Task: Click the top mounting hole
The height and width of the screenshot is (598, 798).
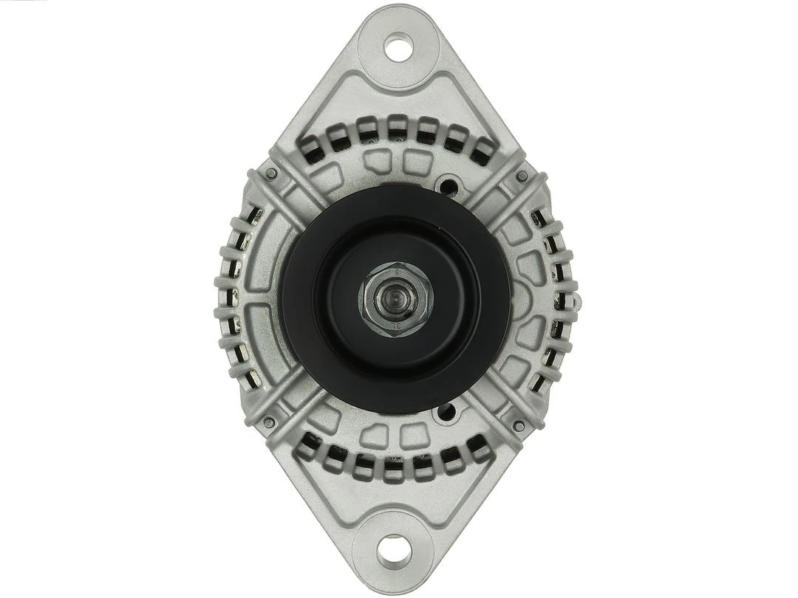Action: coord(398,49)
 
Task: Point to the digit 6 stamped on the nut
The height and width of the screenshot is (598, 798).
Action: coord(397,273)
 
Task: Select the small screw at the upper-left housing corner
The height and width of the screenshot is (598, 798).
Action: coord(272,173)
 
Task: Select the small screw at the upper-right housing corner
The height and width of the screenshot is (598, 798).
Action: coord(522,176)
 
